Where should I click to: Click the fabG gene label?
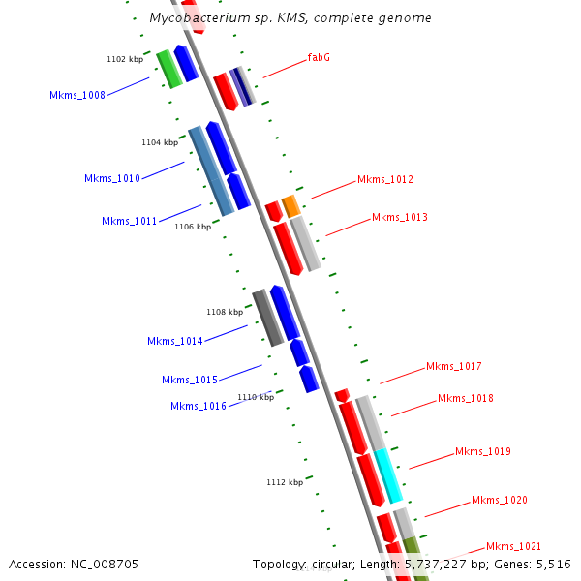(x=319, y=58)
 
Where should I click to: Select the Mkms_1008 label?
(x=77, y=95)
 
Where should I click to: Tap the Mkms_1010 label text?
(x=112, y=178)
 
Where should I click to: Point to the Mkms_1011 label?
(x=129, y=221)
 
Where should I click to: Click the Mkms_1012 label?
(x=385, y=180)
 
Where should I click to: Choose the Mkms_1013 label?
(x=400, y=217)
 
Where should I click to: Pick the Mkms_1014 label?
(x=175, y=341)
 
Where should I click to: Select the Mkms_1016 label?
(x=199, y=406)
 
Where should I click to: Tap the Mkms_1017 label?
(x=454, y=367)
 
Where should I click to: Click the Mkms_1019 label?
(x=483, y=452)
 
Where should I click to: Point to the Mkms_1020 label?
(x=500, y=500)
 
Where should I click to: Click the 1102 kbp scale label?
(x=125, y=60)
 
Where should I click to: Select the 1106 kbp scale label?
(x=193, y=228)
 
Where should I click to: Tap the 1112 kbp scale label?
(x=285, y=482)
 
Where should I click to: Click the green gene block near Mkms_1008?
(x=168, y=69)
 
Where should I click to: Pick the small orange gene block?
(x=291, y=205)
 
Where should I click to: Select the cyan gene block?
(x=387, y=475)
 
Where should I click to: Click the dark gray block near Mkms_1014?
(x=267, y=318)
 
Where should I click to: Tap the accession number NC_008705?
(x=73, y=564)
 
